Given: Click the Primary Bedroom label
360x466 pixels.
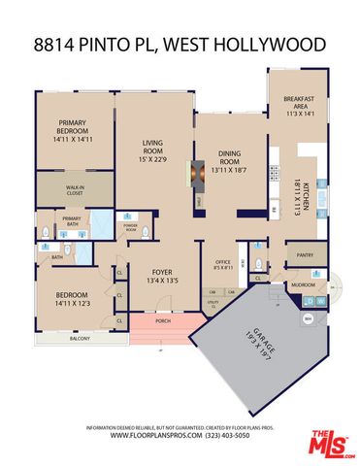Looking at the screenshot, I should (x=72, y=130).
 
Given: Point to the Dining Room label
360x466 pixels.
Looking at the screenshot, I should (x=229, y=162).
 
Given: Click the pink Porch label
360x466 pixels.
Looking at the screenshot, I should (x=163, y=321).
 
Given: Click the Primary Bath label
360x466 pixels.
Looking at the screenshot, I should (x=72, y=220).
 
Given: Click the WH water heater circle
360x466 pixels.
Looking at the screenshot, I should (x=308, y=317).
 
